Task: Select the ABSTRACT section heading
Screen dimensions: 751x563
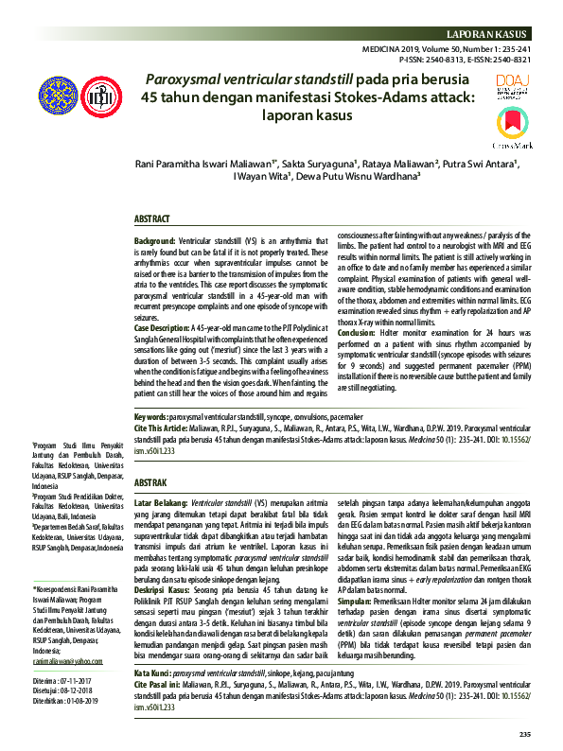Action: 152,218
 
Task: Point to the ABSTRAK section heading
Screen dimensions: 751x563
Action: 151,481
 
